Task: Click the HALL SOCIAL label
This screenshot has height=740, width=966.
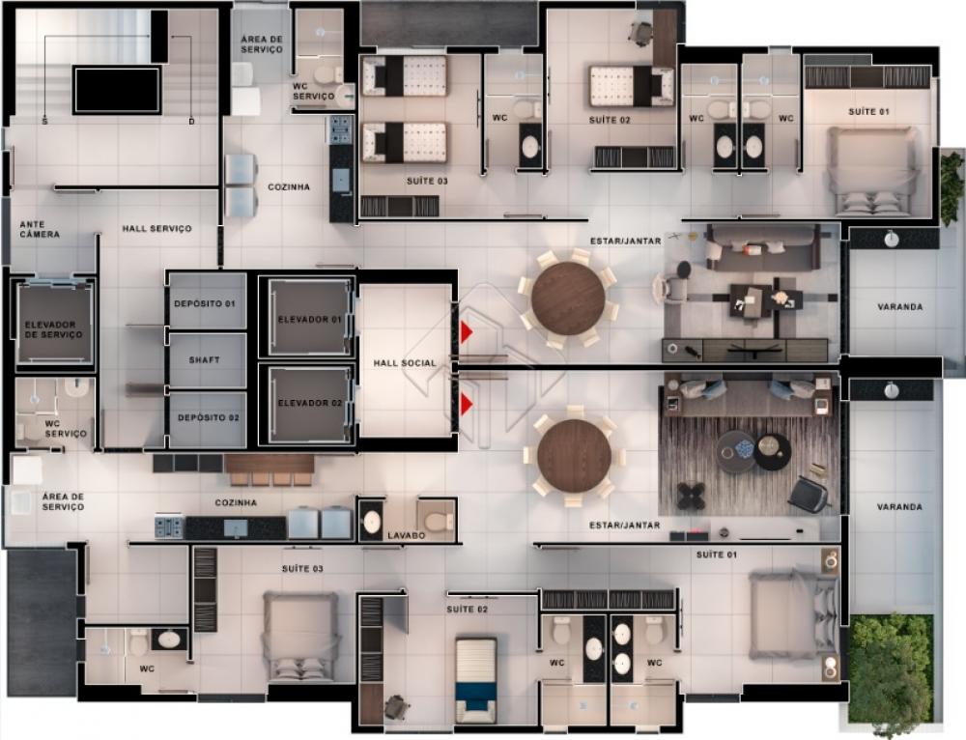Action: [x=405, y=363]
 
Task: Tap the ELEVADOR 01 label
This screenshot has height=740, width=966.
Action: [x=309, y=319]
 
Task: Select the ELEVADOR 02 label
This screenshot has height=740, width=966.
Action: [x=310, y=403]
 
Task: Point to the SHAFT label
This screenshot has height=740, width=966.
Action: [x=204, y=359]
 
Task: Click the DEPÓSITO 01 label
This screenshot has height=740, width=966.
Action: [x=205, y=303]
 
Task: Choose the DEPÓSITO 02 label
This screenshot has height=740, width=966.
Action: [x=209, y=417]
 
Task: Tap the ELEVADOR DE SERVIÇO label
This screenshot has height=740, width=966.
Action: [x=53, y=329]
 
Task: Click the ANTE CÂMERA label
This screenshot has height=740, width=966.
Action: [x=40, y=230]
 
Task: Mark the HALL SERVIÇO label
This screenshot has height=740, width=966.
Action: [x=156, y=229]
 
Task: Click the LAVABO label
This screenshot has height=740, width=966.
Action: [x=407, y=535]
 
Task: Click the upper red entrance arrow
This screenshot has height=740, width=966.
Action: [x=467, y=331]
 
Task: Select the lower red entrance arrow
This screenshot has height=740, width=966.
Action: [x=467, y=404]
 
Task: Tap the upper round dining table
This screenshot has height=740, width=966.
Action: [x=568, y=299]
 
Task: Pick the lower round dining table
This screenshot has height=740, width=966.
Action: [x=574, y=456]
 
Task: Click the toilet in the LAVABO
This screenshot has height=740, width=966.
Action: [x=437, y=520]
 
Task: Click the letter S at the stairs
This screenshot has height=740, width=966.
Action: [x=44, y=122]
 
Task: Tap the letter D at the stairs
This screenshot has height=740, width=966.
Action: [x=191, y=122]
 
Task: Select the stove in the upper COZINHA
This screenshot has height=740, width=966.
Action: [x=340, y=130]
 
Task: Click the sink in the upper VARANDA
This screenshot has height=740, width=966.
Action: [x=891, y=239]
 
